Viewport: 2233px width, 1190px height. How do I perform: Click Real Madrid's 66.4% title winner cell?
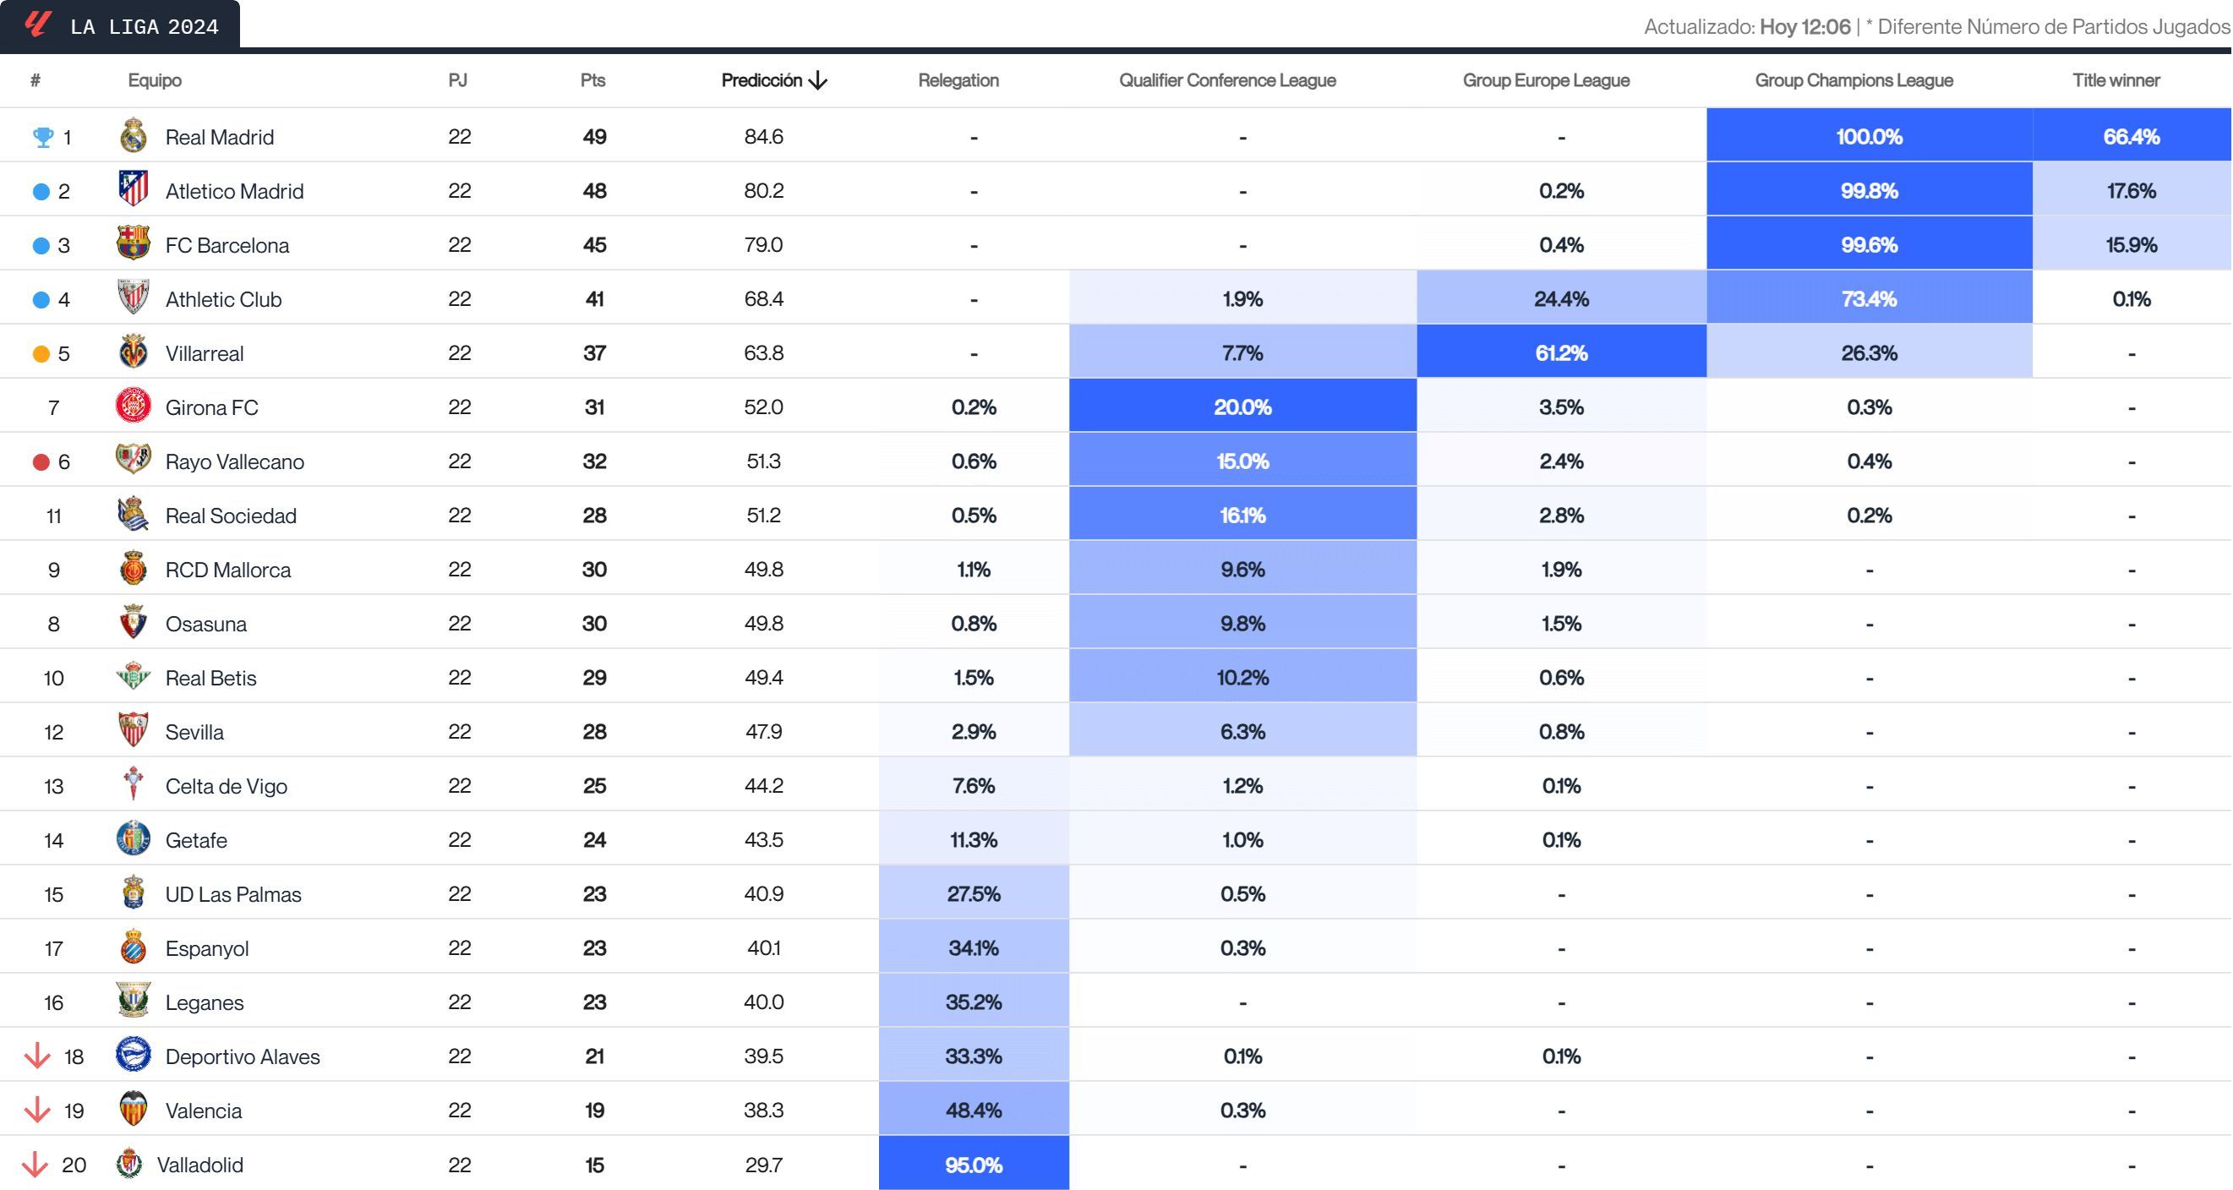[2131, 136]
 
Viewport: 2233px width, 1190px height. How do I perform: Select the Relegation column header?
[958, 80]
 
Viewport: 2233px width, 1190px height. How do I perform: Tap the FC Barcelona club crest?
[134, 243]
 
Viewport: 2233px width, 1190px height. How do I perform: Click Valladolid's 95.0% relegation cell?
[973, 1164]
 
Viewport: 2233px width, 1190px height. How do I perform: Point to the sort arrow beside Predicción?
[817, 80]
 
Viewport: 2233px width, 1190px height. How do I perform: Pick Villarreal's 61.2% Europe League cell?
[1560, 352]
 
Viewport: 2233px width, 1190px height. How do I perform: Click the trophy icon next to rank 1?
[42, 137]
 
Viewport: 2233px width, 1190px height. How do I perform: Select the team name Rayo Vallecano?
[234, 461]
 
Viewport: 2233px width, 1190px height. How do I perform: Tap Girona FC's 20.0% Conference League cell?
[1242, 407]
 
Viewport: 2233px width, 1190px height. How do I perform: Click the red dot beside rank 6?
[41, 462]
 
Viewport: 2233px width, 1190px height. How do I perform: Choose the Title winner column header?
[2116, 80]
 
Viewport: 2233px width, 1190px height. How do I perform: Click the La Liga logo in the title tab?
[37, 24]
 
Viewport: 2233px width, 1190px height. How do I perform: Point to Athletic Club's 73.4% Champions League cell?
[1868, 299]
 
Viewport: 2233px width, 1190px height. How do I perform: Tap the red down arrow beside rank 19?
[36, 1110]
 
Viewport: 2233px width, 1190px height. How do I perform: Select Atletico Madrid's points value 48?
[594, 191]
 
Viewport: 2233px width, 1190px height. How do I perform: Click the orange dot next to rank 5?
[41, 353]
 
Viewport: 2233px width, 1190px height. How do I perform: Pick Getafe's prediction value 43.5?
[763, 839]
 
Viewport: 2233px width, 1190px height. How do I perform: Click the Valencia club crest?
[134, 1109]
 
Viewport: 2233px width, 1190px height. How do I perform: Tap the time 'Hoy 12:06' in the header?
[1804, 27]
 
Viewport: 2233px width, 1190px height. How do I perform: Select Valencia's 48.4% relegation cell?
[973, 1110]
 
